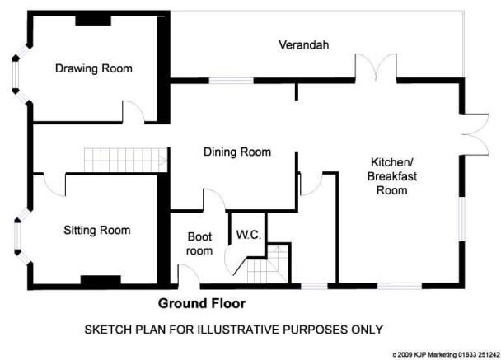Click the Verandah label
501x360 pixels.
303,44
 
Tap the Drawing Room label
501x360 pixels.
94,68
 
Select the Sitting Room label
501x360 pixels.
97,231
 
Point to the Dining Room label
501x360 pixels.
237,152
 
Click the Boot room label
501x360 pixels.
199,244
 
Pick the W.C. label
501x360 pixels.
249,235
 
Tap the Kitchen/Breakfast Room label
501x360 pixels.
392,176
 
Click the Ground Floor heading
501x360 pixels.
202,303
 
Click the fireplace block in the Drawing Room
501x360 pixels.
93,20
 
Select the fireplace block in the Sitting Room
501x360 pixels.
101,280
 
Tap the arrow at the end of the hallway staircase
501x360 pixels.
164,160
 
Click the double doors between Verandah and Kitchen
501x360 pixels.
376,68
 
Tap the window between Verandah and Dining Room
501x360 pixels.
232,81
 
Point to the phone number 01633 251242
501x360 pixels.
480,354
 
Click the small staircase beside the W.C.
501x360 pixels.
268,264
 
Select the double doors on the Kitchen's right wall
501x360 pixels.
476,134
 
